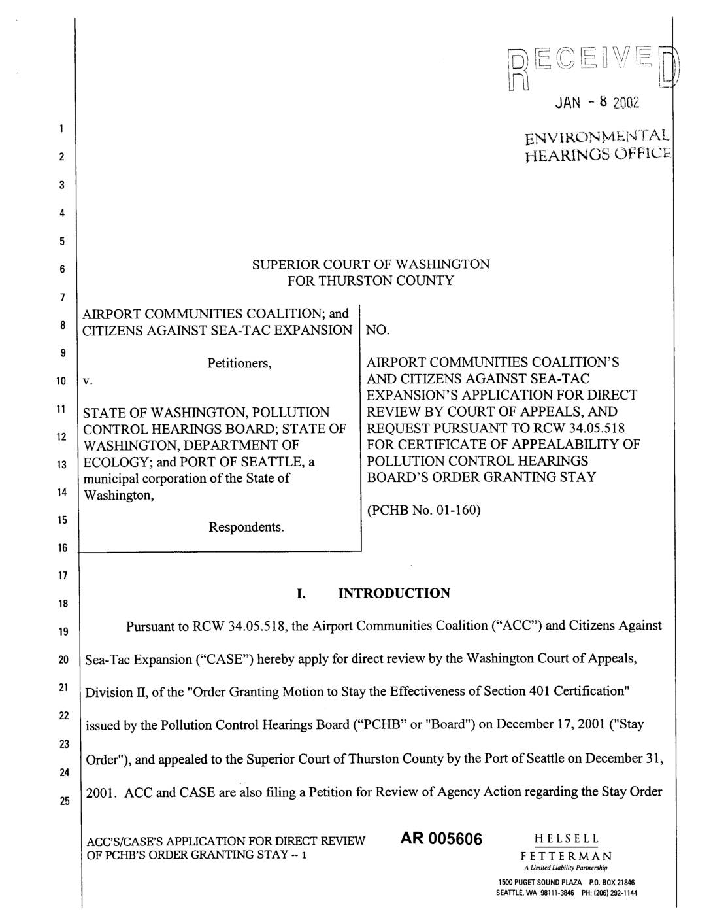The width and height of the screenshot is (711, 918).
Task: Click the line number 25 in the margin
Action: (x=63, y=802)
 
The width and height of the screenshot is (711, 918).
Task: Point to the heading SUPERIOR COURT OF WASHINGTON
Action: (x=371, y=264)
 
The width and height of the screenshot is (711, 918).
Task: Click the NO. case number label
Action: (x=378, y=330)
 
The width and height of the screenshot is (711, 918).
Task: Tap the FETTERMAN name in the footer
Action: (x=566, y=856)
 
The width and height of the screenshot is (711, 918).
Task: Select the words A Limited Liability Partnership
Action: (x=567, y=868)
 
